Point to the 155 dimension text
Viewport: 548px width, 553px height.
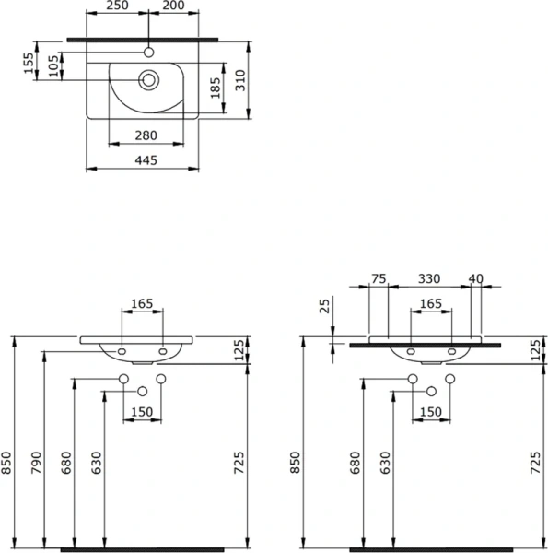pyautogui.click(x=29, y=61)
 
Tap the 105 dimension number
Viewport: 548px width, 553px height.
pyautogui.click(x=53, y=65)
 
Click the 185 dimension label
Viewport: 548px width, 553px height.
pyautogui.click(x=215, y=88)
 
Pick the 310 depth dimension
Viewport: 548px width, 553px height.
pyautogui.click(x=239, y=82)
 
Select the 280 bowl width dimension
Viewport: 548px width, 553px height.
pyautogui.click(x=146, y=135)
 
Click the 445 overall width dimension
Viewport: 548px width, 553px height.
pyautogui.click(x=146, y=160)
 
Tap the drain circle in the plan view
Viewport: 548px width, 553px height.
pyautogui.click(x=147, y=80)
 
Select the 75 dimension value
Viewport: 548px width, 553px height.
pyautogui.click(x=378, y=278)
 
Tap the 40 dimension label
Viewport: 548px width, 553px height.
pyautogui.click(x=476, y=278)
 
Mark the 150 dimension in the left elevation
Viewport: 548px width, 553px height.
pyautogui.click(x=141, y=411)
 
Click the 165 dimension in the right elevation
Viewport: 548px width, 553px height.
pyautogui.click(x=430, y=303)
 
